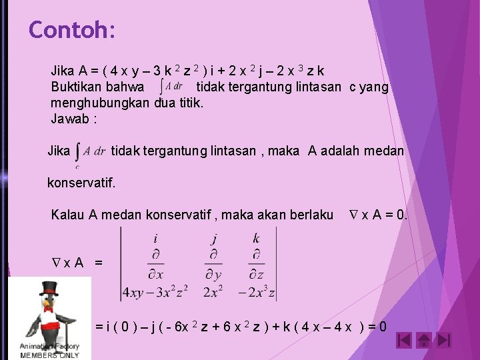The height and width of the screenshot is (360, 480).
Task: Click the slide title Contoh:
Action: coord(72,30)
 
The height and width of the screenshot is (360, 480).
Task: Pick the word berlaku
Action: coord(309,215)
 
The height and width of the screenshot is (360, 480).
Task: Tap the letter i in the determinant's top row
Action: coord(155,239)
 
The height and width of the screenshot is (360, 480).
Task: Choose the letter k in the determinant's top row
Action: coord(256,239)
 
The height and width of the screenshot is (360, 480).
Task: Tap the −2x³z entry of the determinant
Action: coord(256,291)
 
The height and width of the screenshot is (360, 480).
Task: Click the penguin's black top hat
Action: coord(49,289)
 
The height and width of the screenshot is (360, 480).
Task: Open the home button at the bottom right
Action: coord(424,341)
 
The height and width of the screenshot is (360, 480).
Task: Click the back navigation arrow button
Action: coord(403,341)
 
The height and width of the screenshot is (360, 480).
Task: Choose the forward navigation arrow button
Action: coord(444,341)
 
